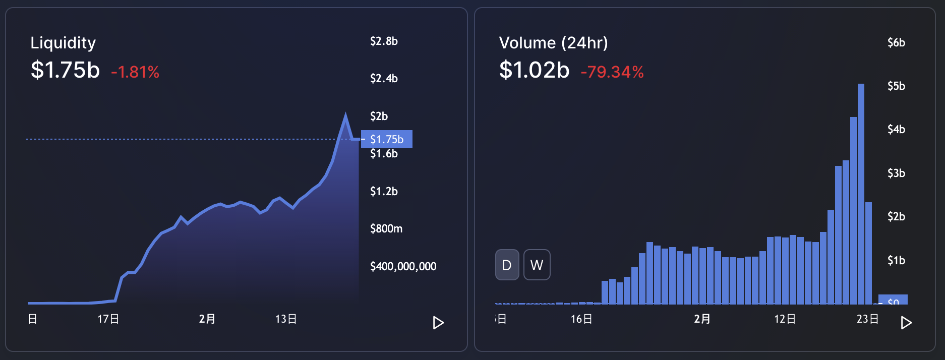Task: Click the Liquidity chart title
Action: [63, 43]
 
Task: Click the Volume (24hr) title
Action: [553, 43]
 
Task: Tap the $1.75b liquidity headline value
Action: [65, 70]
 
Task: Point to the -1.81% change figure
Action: [135, 72]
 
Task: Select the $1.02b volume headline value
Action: [534, 70]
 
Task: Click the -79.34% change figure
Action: [612, 72]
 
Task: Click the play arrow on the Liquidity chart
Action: [438, 323]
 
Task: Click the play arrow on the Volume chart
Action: [906, 323]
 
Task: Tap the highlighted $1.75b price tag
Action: [387, 139]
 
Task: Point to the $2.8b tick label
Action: [384, 41]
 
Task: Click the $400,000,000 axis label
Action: [403, 267]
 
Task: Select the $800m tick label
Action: [386, 229]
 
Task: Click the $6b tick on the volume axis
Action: [896, 43]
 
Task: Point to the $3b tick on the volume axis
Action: [896, 173]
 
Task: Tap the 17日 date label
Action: [108, 319]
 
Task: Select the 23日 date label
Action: [867, 319]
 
